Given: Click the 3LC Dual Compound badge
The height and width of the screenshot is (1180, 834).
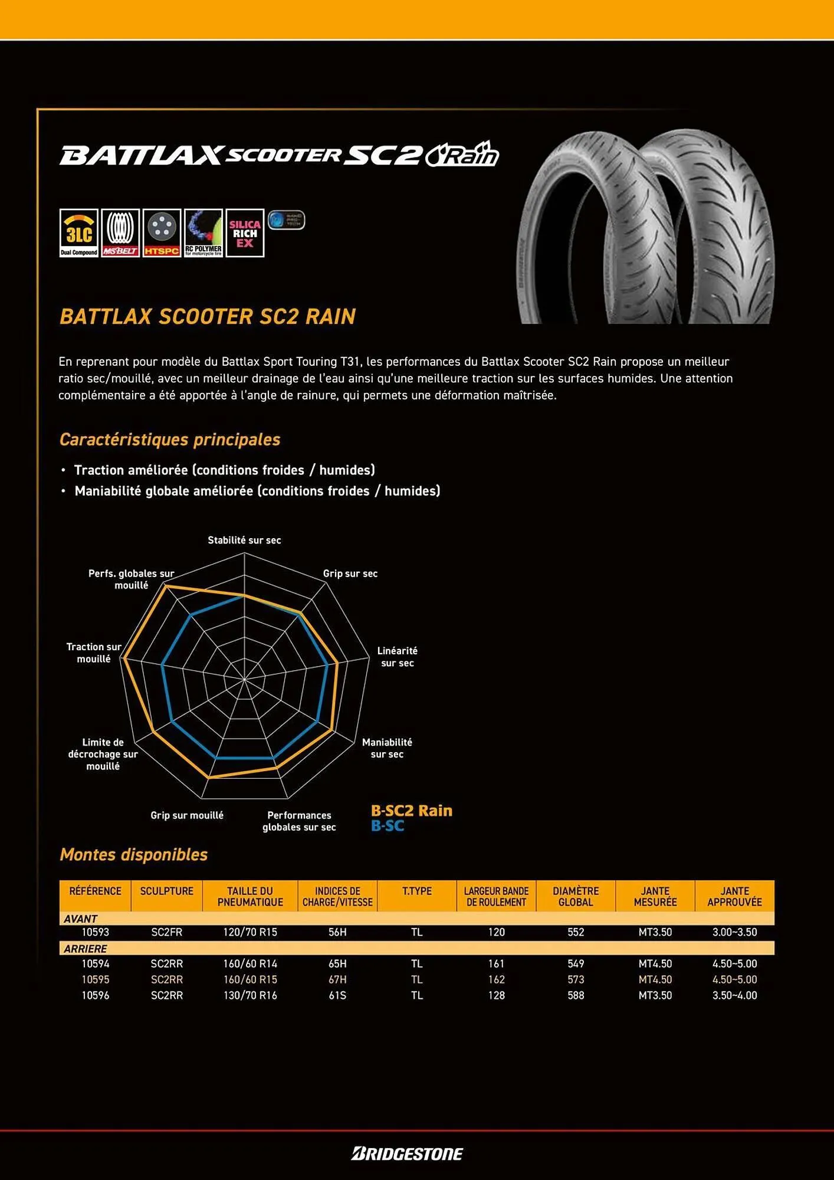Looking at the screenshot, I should click(78, 233).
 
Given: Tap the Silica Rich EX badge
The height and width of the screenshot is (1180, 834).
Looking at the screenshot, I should click(245, 233).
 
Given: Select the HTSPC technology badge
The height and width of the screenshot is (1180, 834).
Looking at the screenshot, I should click(162, 233).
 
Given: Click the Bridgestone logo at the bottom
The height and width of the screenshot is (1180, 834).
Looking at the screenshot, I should click(407, 1153).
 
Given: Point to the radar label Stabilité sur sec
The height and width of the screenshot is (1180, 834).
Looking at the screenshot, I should click(244, 540).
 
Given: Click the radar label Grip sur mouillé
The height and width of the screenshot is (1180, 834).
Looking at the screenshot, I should click(187, 815).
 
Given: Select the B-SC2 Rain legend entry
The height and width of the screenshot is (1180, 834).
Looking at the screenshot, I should click(411, 811).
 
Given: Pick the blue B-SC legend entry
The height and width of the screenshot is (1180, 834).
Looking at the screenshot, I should click(388, 826).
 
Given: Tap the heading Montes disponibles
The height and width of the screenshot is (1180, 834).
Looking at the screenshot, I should click(134, 854).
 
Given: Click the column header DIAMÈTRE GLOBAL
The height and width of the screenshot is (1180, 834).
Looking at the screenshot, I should click(575, 896).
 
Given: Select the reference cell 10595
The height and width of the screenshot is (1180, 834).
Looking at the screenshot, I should click(95, 979).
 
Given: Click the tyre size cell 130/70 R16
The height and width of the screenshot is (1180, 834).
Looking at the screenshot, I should click(250, 995).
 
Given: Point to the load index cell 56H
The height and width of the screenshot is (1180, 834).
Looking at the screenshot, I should click(337, 932).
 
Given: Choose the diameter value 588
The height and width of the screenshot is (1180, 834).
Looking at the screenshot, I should click(576, 995).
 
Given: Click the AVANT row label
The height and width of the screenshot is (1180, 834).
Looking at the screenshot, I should click(81, 919).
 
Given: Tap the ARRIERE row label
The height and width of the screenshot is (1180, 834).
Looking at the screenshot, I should click(86, 949).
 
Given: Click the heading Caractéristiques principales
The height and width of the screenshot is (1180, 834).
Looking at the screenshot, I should click(170, 440).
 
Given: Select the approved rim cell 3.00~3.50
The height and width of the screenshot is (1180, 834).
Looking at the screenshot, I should click(734, 932).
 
